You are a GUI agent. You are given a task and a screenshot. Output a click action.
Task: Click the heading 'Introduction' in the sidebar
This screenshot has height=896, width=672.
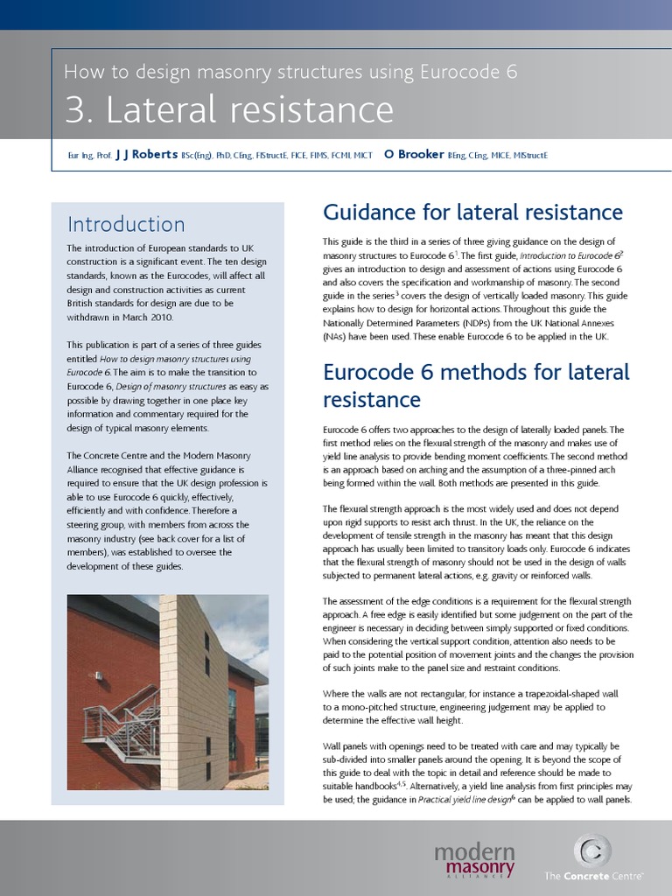126,224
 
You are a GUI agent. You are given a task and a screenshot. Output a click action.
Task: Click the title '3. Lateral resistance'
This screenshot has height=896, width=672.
229,110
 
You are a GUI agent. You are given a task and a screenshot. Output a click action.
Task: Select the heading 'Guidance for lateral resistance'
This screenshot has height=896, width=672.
472,213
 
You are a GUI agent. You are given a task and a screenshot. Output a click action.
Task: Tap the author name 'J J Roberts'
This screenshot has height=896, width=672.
146,155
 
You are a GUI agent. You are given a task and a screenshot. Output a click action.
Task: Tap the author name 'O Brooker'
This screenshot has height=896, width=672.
414,155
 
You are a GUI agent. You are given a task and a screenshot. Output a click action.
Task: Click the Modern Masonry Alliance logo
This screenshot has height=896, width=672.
473,859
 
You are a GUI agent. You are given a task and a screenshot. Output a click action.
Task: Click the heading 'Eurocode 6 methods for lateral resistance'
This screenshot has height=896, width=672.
476,386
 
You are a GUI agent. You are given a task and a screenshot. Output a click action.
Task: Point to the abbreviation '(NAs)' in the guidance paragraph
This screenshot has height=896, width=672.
337,337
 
